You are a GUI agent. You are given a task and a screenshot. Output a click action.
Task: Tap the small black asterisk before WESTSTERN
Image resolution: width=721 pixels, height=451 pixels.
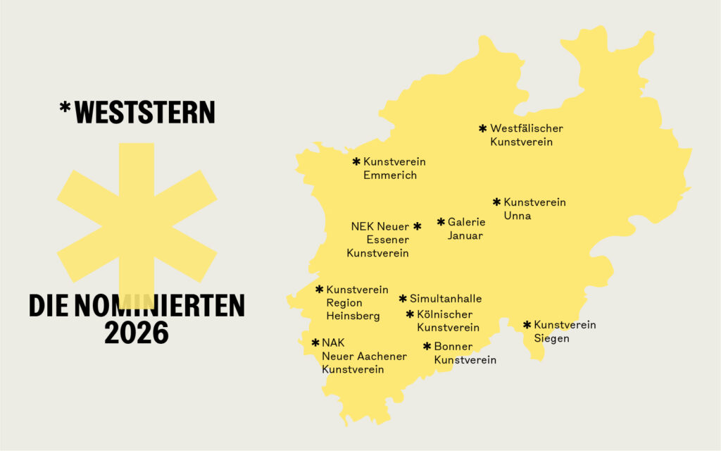pyautogui.click(x=65, y=108)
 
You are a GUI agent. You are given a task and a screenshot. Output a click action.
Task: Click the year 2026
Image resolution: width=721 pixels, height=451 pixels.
pyautogui.click(x=137, y=333)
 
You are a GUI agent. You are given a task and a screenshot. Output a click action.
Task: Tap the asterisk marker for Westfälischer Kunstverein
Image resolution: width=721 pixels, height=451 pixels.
pyautogui.click(x=482, y=128)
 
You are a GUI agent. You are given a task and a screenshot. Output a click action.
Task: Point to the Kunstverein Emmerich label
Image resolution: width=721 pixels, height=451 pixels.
pyautogui.click(x=394, y=168)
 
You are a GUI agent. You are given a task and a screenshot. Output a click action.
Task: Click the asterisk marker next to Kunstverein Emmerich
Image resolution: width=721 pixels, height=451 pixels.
pyautogui.click(x=356, y=161)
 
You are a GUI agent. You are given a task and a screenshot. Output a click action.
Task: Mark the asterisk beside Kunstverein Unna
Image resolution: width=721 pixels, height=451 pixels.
pyautogui.click(x=496, y=202)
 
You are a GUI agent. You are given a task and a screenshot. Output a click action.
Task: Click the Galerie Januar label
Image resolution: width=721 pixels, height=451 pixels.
pyautogui.click(x=466, y=229)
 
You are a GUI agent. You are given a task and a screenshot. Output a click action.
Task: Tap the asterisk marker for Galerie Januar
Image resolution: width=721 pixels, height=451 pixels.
pyautogui.click(x=441, y=222)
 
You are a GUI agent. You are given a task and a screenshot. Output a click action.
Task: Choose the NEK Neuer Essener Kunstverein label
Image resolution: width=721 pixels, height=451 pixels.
pyautogui.click(x=379, y=240)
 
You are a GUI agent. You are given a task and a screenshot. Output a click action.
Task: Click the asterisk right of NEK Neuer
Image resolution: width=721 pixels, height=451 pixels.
pyautogui.click(x=417, y=226)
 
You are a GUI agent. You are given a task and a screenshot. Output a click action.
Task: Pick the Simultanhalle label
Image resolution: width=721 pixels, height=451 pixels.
pyautogui.click(x=445, y=299)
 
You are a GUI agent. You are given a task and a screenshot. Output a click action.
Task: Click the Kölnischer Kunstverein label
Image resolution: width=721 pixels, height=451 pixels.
pyautogui.click(x=447, y=321)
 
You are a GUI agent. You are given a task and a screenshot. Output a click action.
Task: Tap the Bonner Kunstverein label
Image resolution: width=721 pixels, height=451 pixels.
pyautogui.click(x=464, y=353)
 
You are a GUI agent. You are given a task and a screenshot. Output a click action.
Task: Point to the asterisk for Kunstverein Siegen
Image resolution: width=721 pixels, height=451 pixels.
pyautogui.click(x=527, y=325)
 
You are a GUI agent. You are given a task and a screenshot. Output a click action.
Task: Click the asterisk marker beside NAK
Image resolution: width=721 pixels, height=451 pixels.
pyautogui.click(x=315, y=342)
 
